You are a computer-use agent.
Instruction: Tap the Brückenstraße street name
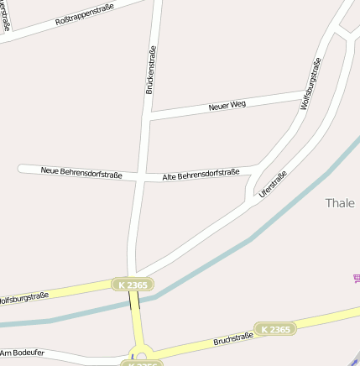tap(151, 69)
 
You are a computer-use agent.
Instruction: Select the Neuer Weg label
tap(227, 106)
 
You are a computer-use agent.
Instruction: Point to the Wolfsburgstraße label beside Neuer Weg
tap(310, 84)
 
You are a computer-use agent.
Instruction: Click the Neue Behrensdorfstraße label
tap(81, 173)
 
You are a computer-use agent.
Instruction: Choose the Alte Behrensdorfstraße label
tap(201, 174)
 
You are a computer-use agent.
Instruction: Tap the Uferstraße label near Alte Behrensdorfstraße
tap(274, 184)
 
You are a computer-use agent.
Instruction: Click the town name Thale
tap(340, 203)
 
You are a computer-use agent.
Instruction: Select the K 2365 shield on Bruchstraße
tap(275, 329)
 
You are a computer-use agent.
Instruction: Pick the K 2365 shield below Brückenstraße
tap(133, 285)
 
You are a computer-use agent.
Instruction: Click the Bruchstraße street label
tap(233, 340)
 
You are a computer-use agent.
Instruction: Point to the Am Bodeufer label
tap(23, 353)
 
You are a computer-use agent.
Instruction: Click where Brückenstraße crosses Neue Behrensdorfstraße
tap(144, 176)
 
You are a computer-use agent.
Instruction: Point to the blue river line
tap(252, 238)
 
